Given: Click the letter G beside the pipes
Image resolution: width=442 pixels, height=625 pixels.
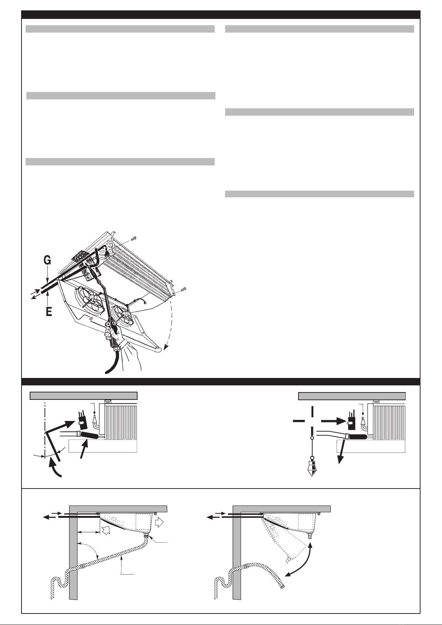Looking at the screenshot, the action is coord(47,261).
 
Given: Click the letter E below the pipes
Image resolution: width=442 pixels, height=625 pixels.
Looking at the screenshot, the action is coord(49,312).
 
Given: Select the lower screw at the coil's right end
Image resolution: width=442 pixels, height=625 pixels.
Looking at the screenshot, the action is coord(182,289).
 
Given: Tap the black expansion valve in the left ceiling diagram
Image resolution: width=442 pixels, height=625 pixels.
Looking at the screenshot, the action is coord(82,418).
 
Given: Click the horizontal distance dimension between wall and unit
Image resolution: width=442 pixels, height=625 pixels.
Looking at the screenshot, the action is coord(89,532).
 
